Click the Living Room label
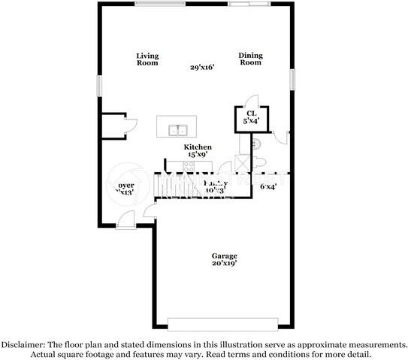coord(147,59)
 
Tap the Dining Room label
coord(250,59)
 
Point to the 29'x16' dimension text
coord(203,68)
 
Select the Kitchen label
coord(198,147)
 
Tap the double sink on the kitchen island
coord(177,129)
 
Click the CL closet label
coord(251,113)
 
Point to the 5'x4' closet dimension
coord(251,120)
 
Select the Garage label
coord(224,256)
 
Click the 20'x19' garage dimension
coord(224,264)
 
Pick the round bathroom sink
coord(255,143)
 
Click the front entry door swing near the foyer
coord(127,220)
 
